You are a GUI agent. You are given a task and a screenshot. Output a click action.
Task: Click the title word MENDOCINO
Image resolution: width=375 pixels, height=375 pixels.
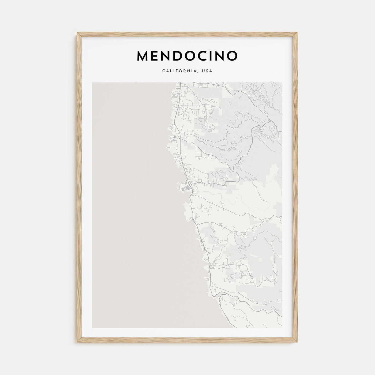tap(187, 56)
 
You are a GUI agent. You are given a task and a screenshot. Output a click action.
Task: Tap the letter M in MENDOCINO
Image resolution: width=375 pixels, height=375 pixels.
tap(143, 56)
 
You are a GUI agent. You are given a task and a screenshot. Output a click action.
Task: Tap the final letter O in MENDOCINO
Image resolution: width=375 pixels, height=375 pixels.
tap(232, 56)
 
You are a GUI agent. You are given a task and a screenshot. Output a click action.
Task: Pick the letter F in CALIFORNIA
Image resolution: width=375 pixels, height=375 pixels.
tap(174, 71)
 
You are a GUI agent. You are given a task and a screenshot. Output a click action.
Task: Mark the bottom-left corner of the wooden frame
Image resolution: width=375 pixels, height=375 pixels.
tap(77, 343)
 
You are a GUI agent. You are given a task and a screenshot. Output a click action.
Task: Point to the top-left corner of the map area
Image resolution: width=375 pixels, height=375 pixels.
tap(92, 82)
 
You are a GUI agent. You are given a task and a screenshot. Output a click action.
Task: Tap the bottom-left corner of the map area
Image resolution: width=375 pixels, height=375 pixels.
tap(92, 328)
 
